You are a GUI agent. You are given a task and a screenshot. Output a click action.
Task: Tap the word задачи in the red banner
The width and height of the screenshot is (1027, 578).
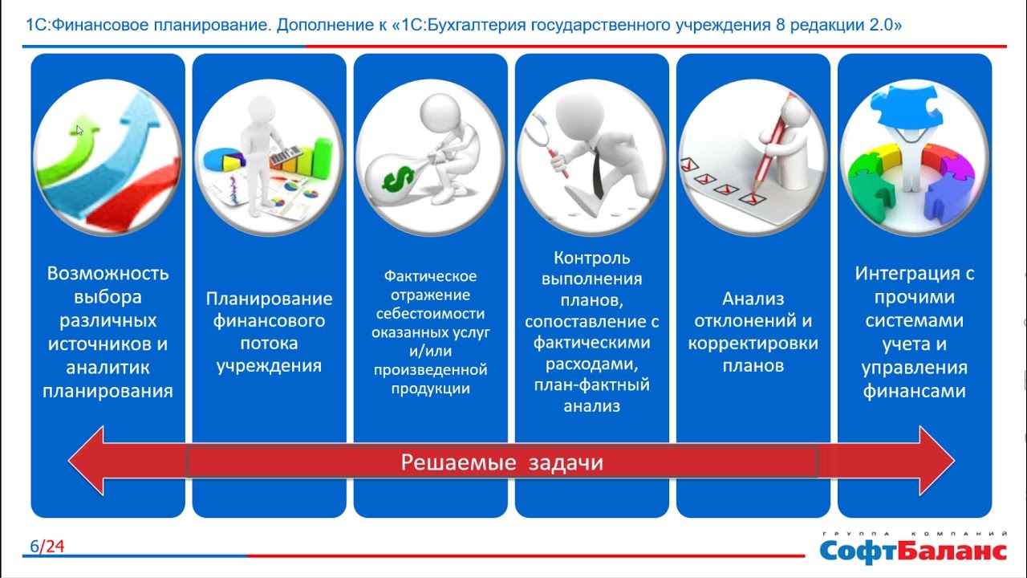pos(566,462)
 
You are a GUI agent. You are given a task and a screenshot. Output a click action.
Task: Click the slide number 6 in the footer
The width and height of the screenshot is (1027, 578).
pos(35,547)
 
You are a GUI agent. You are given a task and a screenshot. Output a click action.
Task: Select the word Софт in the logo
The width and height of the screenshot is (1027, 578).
pos(858,552)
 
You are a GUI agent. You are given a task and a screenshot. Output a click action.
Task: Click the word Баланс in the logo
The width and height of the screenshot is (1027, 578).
pos(952,551)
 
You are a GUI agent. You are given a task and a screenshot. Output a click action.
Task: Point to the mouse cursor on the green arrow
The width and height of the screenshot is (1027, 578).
pos(79,131)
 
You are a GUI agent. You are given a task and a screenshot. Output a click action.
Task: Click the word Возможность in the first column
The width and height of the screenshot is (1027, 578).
pos(108,274)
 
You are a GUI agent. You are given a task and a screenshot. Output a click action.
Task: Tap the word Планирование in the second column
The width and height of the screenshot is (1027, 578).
pos(269,299)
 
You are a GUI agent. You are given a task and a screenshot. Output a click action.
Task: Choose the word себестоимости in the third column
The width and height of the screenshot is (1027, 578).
pos(431,314)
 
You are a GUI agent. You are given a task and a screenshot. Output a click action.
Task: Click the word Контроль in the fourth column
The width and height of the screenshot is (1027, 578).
pos(592,258)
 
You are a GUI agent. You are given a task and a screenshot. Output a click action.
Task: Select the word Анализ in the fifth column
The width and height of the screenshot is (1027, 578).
pos(753,299)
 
